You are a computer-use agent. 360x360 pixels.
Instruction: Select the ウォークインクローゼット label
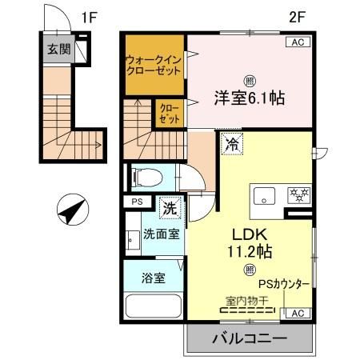[x=152, y=63]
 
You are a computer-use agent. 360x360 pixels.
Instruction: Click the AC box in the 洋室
[x=295, y=42]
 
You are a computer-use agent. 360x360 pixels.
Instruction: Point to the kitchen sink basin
[x=265, y=195]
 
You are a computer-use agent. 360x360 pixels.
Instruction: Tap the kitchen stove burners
[x=299, y=194]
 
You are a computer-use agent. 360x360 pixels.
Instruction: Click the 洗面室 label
[x=161, y=235]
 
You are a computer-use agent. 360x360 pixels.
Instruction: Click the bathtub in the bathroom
[x=154, y=307]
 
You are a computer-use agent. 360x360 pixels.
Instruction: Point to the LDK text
[x=248, y=236]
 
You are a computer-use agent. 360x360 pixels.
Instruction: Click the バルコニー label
[x=249, y=339]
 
